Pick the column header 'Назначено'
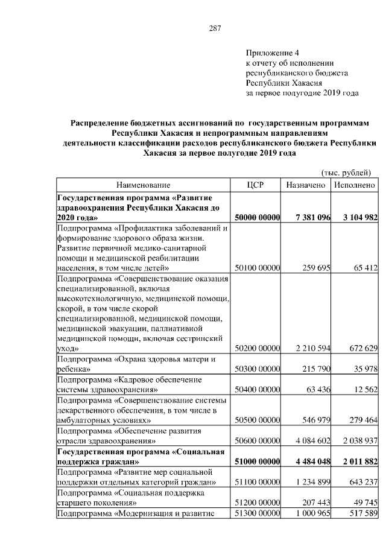[x=306, y=185]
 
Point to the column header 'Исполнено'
[x=355, y=185]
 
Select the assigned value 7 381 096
[x=310, y=217]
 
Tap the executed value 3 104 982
[x=359, y=217]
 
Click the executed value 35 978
[x=364, y=368]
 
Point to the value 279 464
[x=361, y=419]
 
